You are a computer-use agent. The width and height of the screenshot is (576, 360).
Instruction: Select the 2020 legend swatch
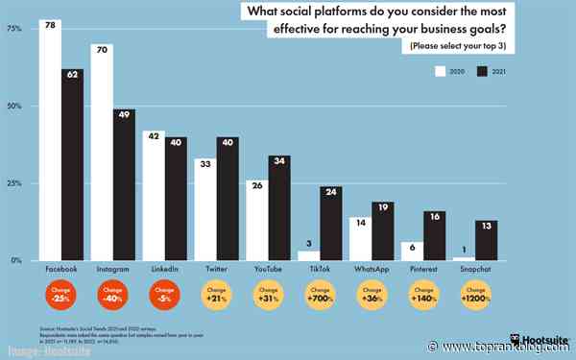(443, 70)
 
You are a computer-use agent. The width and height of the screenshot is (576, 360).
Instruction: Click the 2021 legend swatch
(484, 70)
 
